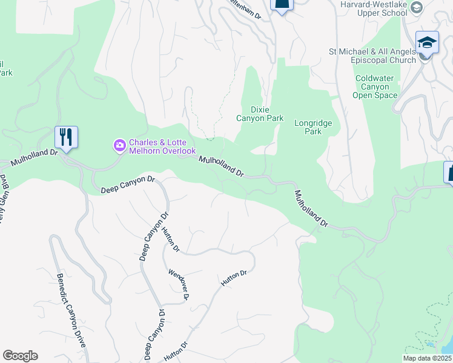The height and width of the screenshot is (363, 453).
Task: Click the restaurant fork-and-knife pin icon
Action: (x=66, y=137)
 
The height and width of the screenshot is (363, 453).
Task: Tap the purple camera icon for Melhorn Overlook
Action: (x=119, y=145)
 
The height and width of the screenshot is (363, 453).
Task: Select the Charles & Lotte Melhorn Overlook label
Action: (x=162, y=146)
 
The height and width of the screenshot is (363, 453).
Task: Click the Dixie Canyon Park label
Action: (x=259, y=114)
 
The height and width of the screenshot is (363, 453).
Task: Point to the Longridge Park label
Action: (x=313, y=126)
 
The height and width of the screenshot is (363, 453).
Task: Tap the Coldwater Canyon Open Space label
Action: (x=376, y=87)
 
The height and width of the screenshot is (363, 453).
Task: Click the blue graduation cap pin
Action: (x=427, y=43)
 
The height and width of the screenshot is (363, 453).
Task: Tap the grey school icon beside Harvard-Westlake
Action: (x=415, y=7)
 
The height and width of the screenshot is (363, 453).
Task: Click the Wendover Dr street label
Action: (x=180, y=284)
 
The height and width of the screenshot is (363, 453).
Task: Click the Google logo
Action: (x=20, y=356)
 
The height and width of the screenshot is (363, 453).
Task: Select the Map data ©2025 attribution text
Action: (x=427, y=358)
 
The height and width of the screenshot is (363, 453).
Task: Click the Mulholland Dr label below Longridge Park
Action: (x=311, y=209)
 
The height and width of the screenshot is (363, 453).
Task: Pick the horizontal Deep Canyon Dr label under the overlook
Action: (x=128, y=183)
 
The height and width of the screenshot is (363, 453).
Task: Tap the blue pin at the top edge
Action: (x=281, y=4)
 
